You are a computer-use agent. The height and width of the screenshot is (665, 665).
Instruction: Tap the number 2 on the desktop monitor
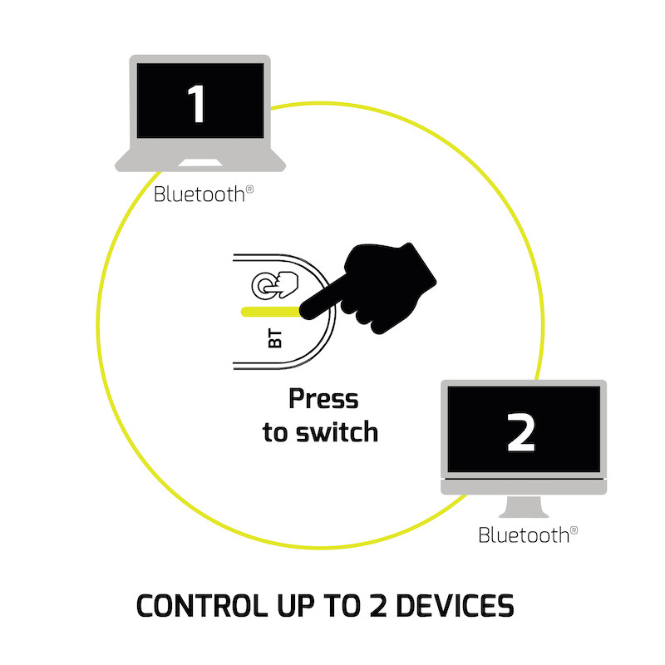(x=521, y=432)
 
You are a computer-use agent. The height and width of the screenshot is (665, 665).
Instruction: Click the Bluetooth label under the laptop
(x=199, y=195)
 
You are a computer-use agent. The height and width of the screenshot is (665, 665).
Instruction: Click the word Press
(x=323, y=399)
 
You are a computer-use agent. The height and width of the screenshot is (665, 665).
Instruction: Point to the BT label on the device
(x=277, y=338)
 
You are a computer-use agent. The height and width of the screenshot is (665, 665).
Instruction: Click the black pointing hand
(x=382, y=283)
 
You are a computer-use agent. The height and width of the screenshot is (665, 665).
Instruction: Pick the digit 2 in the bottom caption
(x=377, y=605)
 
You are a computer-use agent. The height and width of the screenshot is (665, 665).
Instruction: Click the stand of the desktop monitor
(x=523, y=508)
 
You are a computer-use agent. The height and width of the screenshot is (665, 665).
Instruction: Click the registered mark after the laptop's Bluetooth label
(x=249, y=190)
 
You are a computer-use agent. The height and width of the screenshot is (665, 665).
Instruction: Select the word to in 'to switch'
(x=275, y=433)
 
